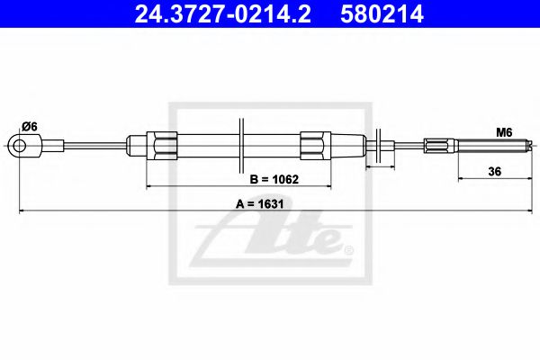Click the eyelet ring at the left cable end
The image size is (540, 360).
17,143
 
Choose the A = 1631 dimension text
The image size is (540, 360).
260,203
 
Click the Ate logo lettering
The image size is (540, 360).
270,240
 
